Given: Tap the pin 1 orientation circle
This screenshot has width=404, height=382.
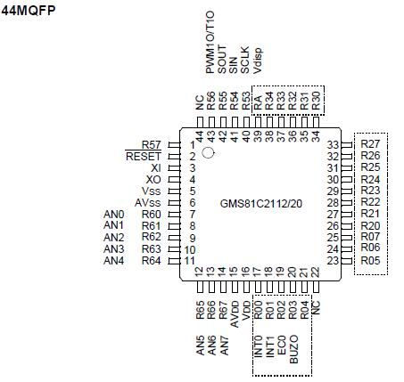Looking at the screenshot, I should click(209, 152).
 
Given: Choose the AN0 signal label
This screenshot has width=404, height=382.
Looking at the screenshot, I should click(113, 215).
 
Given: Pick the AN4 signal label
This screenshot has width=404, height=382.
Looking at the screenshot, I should click(113, 261).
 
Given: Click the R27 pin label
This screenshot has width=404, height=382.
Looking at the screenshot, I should click(370, 144).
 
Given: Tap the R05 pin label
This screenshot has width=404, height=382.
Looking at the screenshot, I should click(370, 261).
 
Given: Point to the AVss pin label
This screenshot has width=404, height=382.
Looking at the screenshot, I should click(146, 203).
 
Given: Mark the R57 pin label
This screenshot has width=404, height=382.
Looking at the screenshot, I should click(151, 144).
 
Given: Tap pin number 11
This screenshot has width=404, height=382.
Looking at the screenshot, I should click(189, 261).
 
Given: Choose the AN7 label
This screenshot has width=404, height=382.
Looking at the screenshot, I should click(223, 345).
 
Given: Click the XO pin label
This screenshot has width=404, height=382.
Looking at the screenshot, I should click(153, 179).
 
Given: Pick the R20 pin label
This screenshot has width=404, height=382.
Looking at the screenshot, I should click(370, 225).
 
